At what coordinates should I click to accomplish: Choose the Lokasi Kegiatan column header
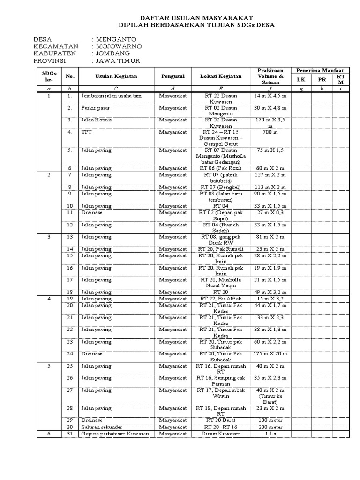221,76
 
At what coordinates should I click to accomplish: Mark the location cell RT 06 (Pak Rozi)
221,168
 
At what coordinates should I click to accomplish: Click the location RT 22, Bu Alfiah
221,298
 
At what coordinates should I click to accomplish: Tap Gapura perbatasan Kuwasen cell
115,434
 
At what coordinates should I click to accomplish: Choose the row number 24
70,353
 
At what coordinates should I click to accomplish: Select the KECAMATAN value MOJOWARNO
119,47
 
